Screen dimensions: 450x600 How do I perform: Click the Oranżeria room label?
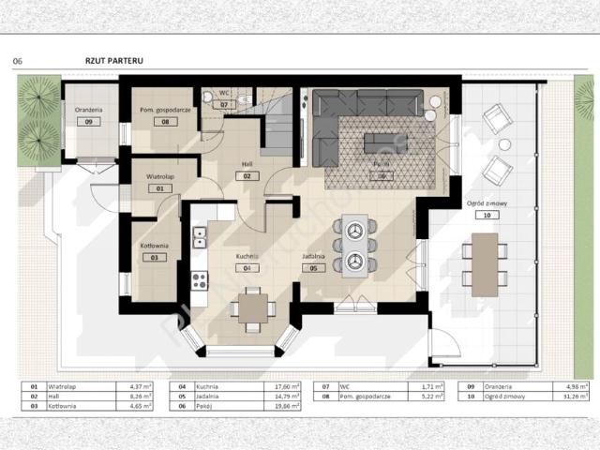(88, 110)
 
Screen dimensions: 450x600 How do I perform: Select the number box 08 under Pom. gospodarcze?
(164, 122)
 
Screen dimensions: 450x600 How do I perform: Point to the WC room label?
(224, 93)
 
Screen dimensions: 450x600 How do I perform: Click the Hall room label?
(247, 163)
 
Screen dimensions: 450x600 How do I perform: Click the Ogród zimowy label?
(481, 202)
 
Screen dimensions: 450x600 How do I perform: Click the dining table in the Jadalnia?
(354, 246)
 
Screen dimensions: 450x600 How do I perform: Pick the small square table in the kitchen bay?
(252, 308)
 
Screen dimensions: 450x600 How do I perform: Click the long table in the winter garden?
(484, 263)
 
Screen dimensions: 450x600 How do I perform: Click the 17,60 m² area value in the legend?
(283, 386)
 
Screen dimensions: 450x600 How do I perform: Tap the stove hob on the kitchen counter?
(199, 278)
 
